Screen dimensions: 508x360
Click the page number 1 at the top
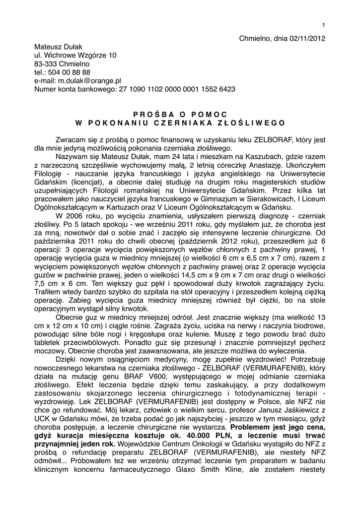click(323, 25)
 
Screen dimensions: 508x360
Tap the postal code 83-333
click(46, 63)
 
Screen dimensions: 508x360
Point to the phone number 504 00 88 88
click(69, 72)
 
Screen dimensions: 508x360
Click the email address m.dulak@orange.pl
click(89, 80)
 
